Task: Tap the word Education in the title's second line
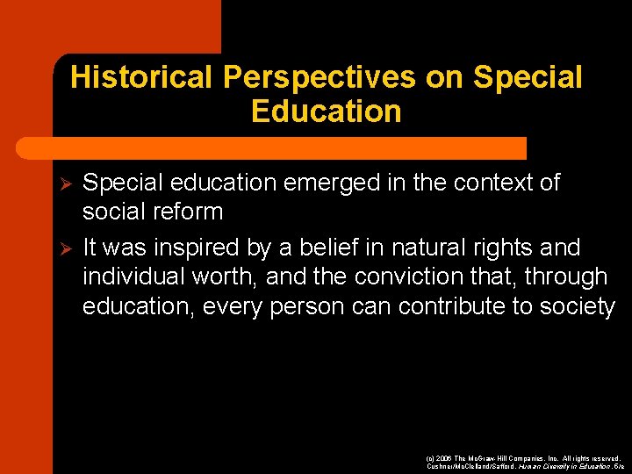tap(326, 111)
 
